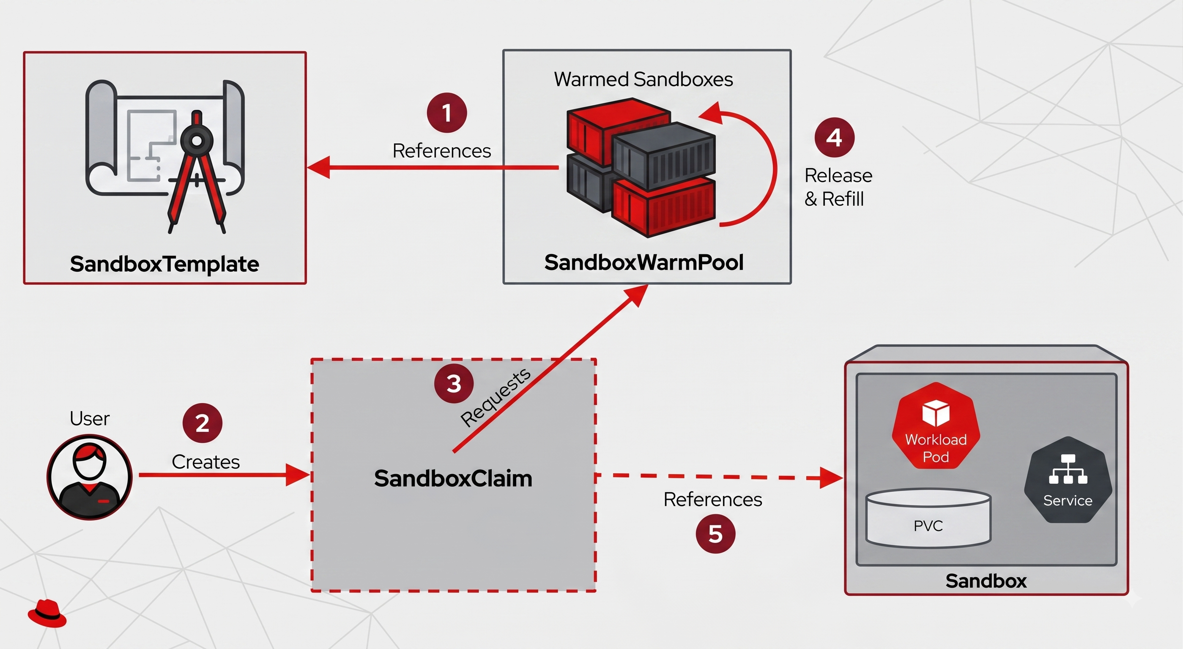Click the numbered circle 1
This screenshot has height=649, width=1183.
tap(447, 113)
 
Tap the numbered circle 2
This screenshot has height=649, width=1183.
tap(203, 423)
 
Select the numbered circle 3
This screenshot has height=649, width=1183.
tap(454, 384)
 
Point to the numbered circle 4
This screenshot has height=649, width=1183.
tap(835, 137)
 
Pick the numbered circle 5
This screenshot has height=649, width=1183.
tap(715, 533)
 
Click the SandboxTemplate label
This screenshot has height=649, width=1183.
tap(164, 264)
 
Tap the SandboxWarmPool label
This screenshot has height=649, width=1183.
tap(644, 262)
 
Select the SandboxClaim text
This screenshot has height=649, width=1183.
tap(453, 478)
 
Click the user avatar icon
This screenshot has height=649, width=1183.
tap(90, 477)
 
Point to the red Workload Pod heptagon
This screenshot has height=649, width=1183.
tap(936, 426)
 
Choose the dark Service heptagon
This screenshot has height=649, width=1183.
tap(1068, 480)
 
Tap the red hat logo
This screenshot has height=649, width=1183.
tap(47, 613)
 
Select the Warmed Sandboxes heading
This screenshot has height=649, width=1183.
tap(644, 79)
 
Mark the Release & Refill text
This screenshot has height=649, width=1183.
tap(838, 187)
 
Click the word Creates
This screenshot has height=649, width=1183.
tap(206, 462)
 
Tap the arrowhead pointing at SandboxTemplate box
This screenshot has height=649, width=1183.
tap(318, 167)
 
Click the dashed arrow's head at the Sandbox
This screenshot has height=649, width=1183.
tap(832, 478)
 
